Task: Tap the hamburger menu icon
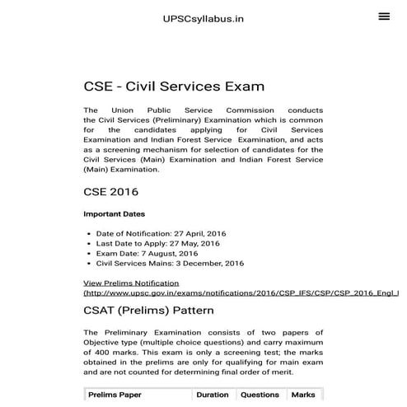pos(384,16)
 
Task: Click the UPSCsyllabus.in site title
pos(203,18)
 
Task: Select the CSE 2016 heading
pos(110,193)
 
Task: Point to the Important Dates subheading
pos(115,214)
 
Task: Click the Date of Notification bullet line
pos(161,234)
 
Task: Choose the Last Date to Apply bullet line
pos(157,244)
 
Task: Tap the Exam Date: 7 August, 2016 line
pos(147,254)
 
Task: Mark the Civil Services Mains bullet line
pos(170,264)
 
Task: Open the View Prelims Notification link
pos(131,283)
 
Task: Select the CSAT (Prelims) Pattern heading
pos(149,311)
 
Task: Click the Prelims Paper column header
pos(115,395)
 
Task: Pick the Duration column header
pos(213,395)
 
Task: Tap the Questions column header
pos(260,395)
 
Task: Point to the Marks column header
pos(303,395)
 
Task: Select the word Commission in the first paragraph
pos(285,110)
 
